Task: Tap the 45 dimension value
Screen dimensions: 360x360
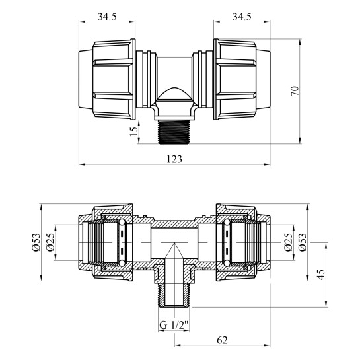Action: pyautogui.click(x=322, y=275)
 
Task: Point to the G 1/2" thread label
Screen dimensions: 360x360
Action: pyautogui.click(x=174, y=324)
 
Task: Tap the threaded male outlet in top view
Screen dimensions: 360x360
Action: pyautogui.click(x=174, y=133)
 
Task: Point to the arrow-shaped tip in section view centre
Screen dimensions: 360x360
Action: pyautogui.click(x=174, y=252)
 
